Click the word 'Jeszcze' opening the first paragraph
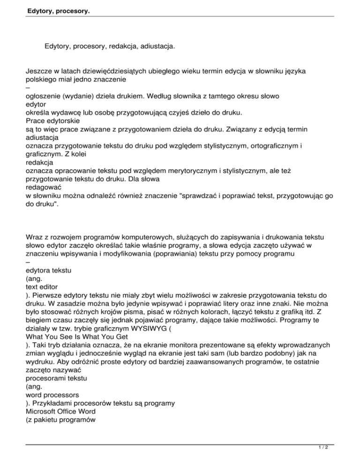click(39, 71)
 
